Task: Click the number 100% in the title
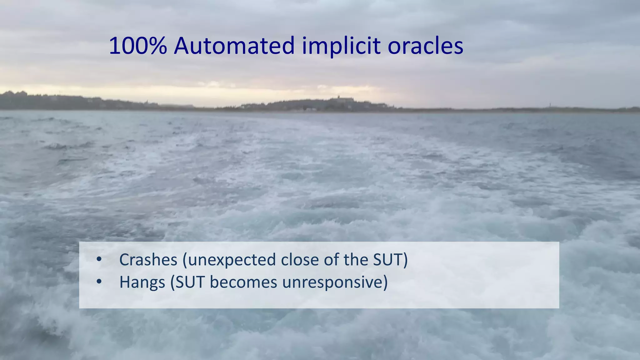[138, 46]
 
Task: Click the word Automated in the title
[234, 46]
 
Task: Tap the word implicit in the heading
[341, 46]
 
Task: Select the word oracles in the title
[425, 46]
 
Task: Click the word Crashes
[148, 260]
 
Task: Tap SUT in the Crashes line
[390, 260]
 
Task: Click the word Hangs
[142, 282]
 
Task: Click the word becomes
[243, 282]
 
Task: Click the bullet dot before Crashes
[99, 259]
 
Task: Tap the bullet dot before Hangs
[99, 282]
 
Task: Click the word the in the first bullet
[356, 260]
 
